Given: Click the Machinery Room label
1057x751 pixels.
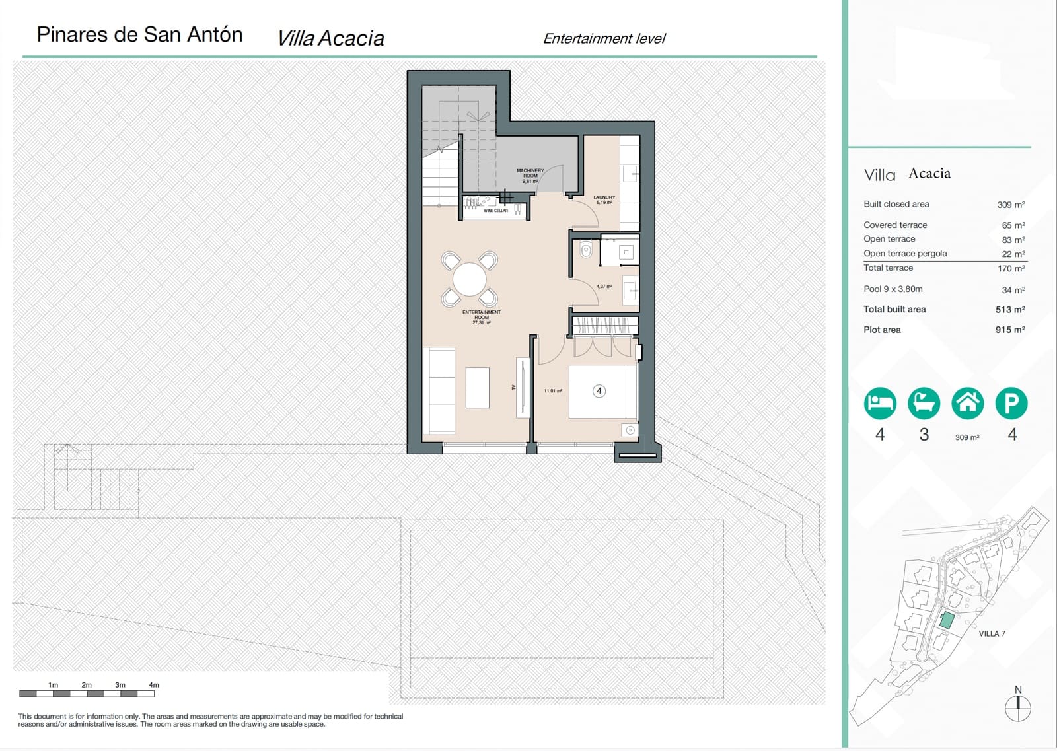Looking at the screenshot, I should click(x=530, y=174).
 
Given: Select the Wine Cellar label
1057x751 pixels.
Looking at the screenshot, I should click(x=495, y=211).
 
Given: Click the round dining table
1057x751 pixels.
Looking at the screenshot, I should click(x=469, y=279).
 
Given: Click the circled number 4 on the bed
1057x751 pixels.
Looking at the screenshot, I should click(x=599, y=391).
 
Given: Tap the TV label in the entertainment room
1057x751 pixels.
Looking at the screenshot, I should click(x=513, y=388).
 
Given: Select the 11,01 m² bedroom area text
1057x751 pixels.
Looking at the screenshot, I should click(x=553, y=391).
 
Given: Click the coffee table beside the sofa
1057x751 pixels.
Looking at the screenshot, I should click(x=477, y=388).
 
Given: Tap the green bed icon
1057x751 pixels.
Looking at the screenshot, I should click(x=880, y=403).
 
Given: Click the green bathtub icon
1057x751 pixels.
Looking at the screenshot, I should click(x=924, y=403).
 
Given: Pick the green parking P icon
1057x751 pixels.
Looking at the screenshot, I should click(x=1011, y=403).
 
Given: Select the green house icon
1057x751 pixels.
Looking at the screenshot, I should click(x=967, y=403).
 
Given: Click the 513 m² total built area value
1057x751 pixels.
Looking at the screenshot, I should click(x=1010, y=310).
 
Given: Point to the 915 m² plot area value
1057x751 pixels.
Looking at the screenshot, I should click(x=1010, y=330).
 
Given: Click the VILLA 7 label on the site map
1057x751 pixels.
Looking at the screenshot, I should click(x=992, y=634).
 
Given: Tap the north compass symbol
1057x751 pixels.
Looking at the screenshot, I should click(x=1017, y=707).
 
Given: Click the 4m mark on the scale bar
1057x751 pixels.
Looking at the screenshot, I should click(x=154, y=685).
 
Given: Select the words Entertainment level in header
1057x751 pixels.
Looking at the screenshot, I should click(x=604, y=39).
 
